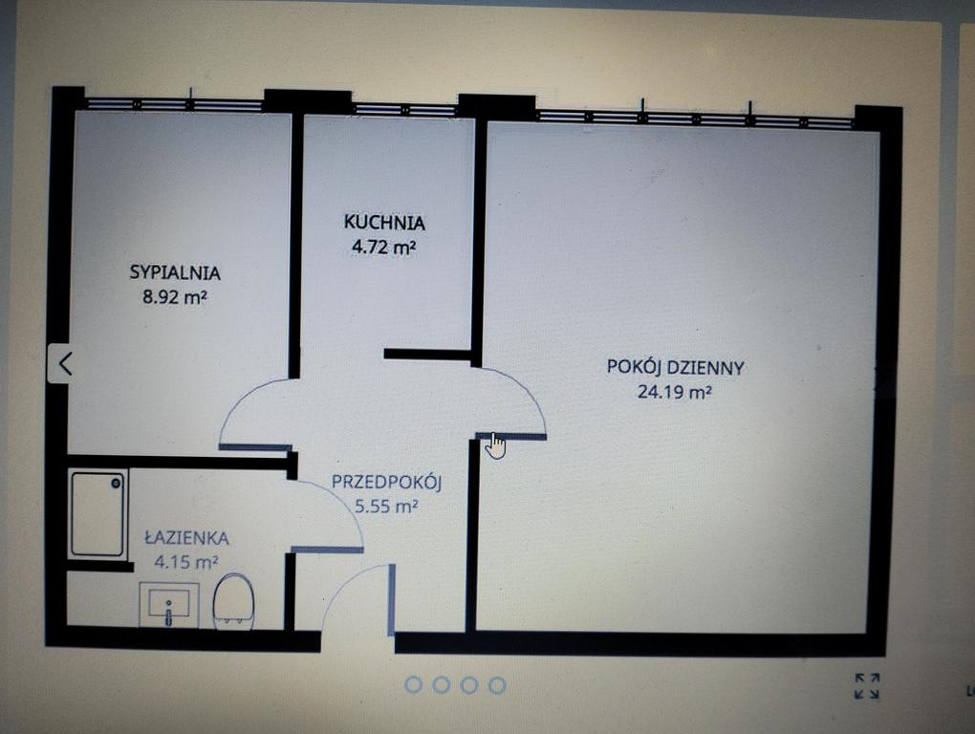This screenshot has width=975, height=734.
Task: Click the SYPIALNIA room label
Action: click(175, 272)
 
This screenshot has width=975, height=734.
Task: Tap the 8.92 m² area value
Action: click(174, 296)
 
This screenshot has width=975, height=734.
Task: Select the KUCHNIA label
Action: click(384, 222)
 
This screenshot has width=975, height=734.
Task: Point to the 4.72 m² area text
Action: click(383, 247)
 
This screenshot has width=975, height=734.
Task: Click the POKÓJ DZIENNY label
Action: click(675, 367)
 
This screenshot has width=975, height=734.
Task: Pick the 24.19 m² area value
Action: click(675, 392)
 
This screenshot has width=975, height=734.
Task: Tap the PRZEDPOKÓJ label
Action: click(386, 482)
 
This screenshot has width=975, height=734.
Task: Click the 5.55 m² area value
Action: click(386, 506)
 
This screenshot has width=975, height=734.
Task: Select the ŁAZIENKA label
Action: click(186, 538)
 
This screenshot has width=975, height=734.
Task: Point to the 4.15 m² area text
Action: click(186, 562)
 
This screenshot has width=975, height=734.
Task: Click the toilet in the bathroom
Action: click(233, 601)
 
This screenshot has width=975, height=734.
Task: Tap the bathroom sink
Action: click(169, 605)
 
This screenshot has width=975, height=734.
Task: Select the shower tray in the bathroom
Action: click(97, 514)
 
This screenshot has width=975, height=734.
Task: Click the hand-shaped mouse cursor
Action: click(495, 445)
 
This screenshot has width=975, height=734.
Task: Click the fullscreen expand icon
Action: click(867, 686)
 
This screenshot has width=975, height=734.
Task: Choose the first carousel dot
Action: click(414, 685)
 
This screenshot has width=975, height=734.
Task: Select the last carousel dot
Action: click(497, 685)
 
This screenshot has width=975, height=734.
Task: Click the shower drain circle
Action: click(117, 483)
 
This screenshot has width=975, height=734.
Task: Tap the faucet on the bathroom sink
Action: click(168, 613)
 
